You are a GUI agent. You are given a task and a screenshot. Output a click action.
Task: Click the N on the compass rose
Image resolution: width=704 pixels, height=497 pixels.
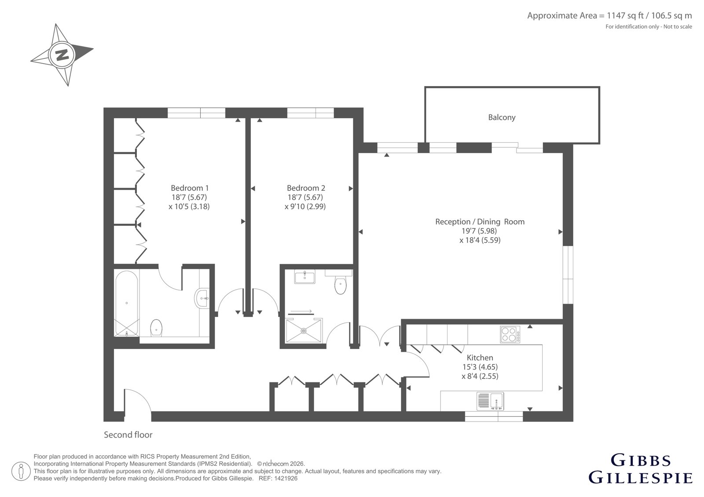[62, 55]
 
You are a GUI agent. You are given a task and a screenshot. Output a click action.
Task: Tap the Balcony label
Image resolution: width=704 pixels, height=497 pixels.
[502, 117]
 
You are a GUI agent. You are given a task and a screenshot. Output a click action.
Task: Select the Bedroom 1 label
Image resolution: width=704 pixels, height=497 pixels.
[190, 188]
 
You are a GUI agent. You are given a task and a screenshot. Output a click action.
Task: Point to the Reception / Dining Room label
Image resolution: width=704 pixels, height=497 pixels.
[480, 221]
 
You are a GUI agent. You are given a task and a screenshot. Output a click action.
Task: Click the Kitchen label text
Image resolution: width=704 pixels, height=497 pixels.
[480, 357]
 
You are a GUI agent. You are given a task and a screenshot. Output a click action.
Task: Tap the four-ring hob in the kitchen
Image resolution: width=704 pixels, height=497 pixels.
[510, 334]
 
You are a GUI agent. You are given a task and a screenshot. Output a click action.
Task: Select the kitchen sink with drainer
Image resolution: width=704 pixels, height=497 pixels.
[490, 401]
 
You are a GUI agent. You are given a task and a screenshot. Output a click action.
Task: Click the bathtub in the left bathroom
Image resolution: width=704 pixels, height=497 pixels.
[126, 303]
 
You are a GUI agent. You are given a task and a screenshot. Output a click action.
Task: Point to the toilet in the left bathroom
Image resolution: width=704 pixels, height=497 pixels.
[156, 327]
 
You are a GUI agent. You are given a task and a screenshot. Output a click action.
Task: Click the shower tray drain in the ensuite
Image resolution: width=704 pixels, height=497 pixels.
[304, 330]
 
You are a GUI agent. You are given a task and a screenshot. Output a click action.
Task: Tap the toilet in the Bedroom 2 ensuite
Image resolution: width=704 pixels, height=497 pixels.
[340, 284]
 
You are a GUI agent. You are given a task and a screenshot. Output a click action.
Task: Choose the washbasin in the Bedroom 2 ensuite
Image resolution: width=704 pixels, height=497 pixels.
[304, 276]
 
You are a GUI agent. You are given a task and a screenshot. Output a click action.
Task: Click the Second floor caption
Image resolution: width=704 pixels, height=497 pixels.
[128, 435]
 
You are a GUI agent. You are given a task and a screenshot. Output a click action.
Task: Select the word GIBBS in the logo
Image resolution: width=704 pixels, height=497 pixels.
[641, 461]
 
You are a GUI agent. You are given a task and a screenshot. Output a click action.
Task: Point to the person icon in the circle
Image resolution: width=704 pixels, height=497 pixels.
[21, 471]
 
